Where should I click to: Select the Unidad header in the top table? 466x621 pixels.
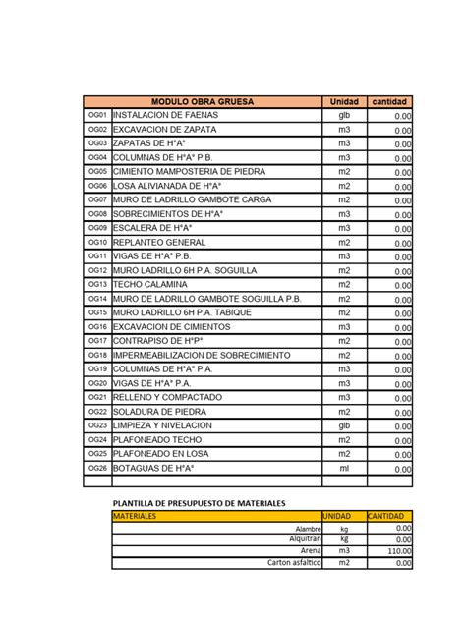coord(344,102)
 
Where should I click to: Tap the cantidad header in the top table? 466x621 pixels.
coord(390,102)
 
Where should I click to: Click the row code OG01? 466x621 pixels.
coord(96,116)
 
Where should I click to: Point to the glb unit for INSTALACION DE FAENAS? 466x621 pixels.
coord(344,116)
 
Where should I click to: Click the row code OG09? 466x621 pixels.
coord(96,226)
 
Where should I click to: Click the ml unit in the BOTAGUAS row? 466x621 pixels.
coord(344,468)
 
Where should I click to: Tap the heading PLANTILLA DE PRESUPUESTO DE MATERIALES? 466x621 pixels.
coord(198,503)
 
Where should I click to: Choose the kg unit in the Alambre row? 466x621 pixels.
coord(344,528)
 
